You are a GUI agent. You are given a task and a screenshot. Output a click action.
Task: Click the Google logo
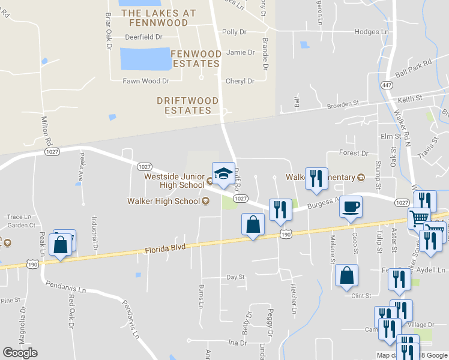point(20,353)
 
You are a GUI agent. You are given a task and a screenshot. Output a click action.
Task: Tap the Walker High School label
point(163,201)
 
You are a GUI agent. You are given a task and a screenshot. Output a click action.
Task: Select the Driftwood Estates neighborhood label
point(184,106)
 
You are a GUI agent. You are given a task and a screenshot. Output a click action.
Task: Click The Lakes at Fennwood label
point(158,17)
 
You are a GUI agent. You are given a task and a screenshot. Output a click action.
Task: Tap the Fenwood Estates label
point(195,59)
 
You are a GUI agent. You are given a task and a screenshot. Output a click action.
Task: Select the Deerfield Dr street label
point(143,37)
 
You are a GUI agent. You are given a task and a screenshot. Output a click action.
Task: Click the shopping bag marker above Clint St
point(347,276)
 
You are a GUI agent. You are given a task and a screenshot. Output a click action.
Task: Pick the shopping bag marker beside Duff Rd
point(253,225)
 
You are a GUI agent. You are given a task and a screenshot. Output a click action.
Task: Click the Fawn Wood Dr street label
point(146,81)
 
